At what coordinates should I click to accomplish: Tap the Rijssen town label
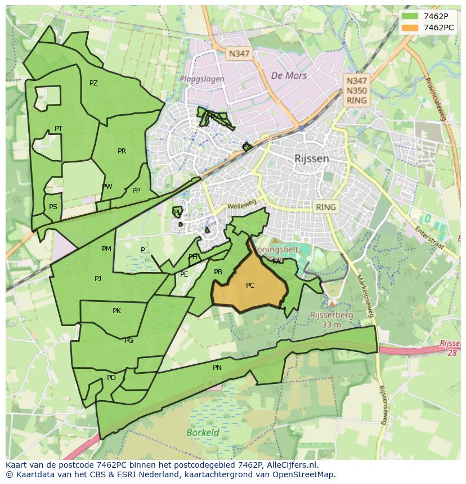click(x=311, y=159)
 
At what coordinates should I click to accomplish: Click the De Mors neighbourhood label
click(x=289, y=75)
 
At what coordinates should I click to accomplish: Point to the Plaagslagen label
click(x=201, y=79)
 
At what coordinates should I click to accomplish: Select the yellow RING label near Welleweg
click(x=325, y=207)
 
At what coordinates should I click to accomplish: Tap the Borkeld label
click(x=203, y=433)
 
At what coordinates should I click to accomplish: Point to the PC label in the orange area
click(x=250, y=286)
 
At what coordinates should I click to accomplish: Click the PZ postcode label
click(x=93, y=83)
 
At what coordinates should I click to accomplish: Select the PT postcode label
click(x=59, y=129)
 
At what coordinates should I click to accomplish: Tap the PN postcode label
click(x=217, y=368)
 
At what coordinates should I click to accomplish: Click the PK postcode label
click(x=116, y=310)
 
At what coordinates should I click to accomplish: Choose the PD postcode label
click(x=111, y=378)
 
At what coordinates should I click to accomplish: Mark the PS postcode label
click(x=53, y=206)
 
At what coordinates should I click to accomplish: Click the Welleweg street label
click(x=242, y=206)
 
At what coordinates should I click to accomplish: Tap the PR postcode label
click(x=122, y=151)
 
